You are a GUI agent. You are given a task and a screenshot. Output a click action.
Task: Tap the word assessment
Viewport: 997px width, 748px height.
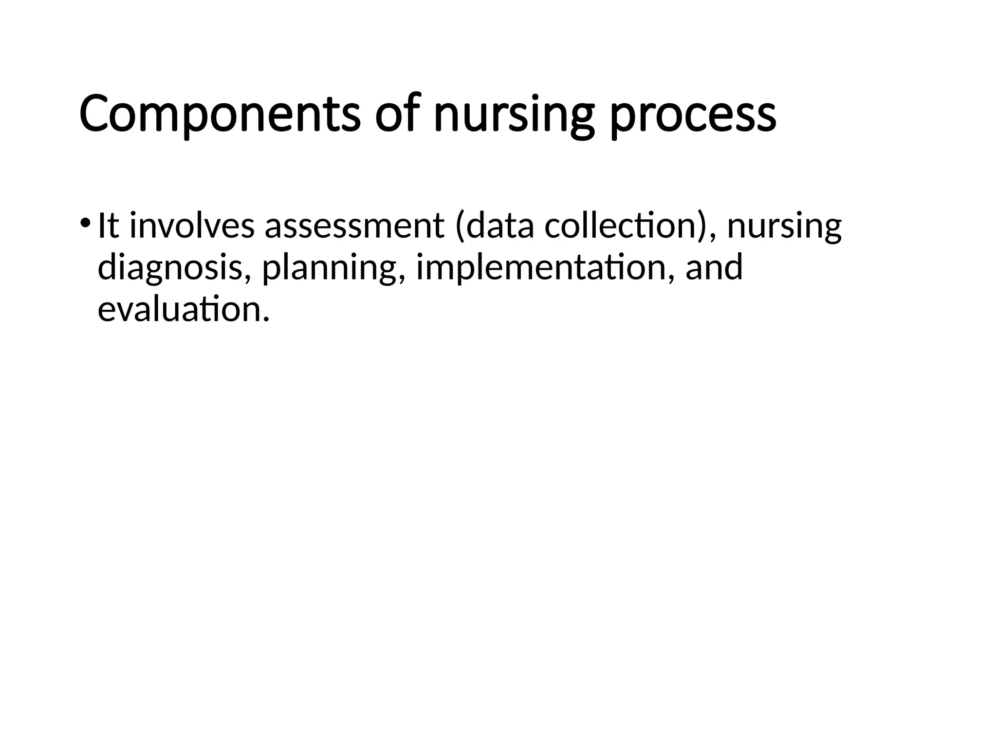tap(354, 227)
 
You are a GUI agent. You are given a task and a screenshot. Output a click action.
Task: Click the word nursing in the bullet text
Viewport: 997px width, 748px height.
tap(784, 227)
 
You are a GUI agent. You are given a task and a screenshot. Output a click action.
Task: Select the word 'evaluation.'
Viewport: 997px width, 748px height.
tap(183, 309)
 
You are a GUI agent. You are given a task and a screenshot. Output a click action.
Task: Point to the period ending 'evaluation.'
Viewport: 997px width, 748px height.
tap(265, 319)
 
